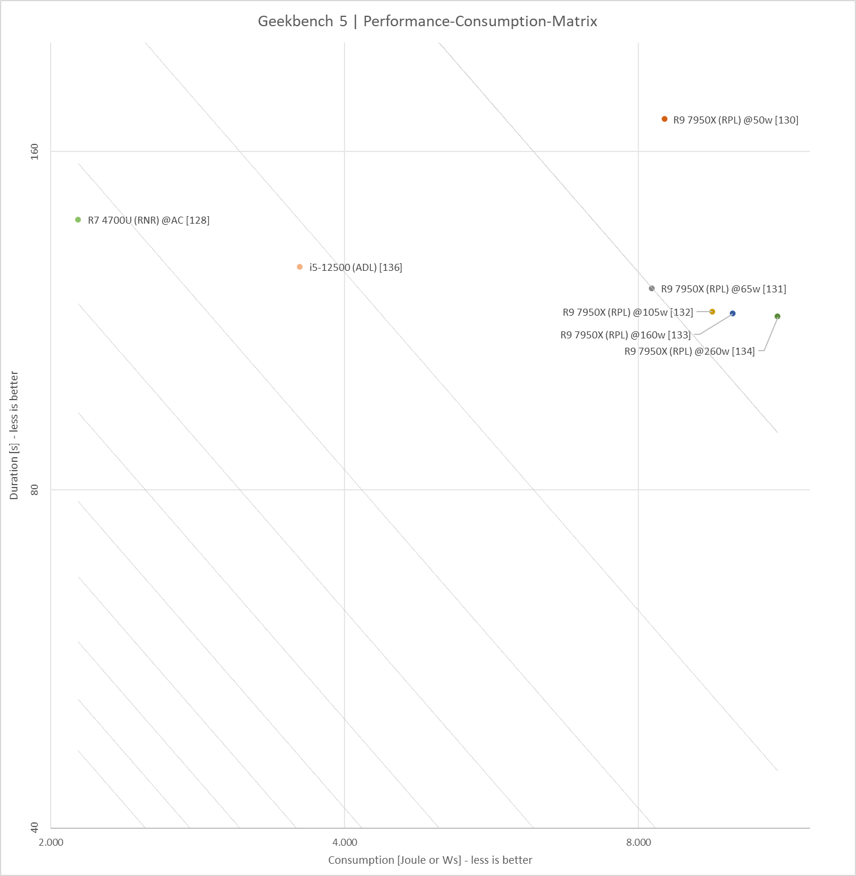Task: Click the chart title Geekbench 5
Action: (427, 22)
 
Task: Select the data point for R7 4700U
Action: (78, 220)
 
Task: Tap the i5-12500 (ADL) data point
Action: (300, 267)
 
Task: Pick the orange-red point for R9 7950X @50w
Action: (665, 119)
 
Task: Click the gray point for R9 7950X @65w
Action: (652, 288)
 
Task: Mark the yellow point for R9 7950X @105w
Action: (712, 312)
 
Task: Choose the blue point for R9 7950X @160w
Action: (733, 313)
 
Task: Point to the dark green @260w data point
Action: (777, 316)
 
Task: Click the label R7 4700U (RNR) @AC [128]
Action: (148, 220)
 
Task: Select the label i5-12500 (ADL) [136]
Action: (356, 267)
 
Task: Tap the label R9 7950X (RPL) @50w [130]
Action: (736, 120)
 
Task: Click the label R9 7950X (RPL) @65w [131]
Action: (723, 289)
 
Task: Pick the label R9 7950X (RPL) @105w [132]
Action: (628, 312)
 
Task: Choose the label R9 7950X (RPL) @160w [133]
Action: (626, 335)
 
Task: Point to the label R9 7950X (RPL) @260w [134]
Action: (690, 351)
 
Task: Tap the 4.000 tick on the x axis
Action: (344, 842)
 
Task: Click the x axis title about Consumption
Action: (430, 860)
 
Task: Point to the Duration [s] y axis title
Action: (15, 435)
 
